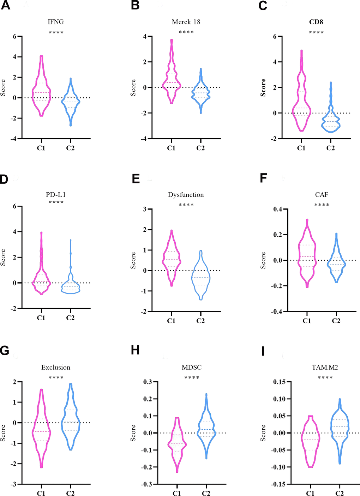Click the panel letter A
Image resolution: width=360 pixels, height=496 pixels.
coord(5,6)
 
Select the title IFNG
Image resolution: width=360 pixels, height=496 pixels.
coord(56,22)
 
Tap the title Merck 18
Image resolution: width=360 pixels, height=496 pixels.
coord(186,22)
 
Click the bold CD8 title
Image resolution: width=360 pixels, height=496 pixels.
coord(316,22)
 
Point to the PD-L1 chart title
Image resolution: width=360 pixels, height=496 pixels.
coord(56,195)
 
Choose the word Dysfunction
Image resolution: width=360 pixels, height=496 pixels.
coord(186,195)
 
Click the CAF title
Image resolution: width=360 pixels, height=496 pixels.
coord(322,195)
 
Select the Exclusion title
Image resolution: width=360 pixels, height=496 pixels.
coord(56,368)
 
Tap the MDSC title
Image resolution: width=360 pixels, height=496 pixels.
coord(192,368)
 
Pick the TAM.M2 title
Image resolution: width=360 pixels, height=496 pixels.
coord(325,368)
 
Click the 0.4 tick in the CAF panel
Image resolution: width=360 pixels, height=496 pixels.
coord(278,209)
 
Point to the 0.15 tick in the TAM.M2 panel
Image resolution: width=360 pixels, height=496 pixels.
coord(280,382)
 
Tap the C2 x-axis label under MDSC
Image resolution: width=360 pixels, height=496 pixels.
coord(206,493)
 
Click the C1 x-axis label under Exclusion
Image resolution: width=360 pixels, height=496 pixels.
coord(41,493)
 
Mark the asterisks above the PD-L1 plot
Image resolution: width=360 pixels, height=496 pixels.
coord(56,202)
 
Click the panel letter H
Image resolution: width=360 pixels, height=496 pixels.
coord(135,350)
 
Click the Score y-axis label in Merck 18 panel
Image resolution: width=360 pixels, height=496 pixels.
coord(133,87)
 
